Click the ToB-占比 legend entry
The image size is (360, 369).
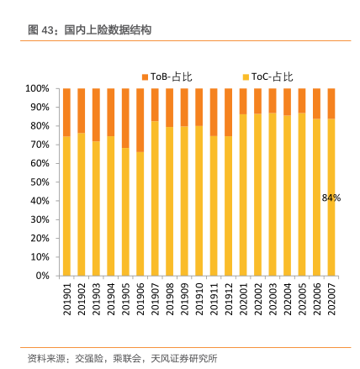click(167, 76)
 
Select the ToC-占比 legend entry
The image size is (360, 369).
click(267, 76)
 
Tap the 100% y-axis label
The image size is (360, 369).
click(37, 88)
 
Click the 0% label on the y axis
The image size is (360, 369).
click(42, 276)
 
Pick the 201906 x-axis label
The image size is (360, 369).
click(140, 299)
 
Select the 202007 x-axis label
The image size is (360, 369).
click(331, 299)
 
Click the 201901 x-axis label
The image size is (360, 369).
click(66, 299)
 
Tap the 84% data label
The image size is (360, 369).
click(331, 198)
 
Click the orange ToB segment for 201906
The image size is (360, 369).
click(140, 120)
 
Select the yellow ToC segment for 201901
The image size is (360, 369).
click(66, 206)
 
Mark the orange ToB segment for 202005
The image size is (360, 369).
click(302, 101)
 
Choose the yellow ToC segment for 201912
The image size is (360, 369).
click(229, 206)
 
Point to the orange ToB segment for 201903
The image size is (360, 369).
click(96, 115)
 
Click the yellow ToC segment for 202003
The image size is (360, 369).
click(273, 194)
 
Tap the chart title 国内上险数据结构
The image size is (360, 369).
click(108, 30)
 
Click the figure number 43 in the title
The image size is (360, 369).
click(47, 30)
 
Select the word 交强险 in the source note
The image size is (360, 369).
click(89, 358)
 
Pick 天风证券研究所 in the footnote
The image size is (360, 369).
click(184, 358)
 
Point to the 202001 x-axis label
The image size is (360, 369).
click(243, 299)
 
